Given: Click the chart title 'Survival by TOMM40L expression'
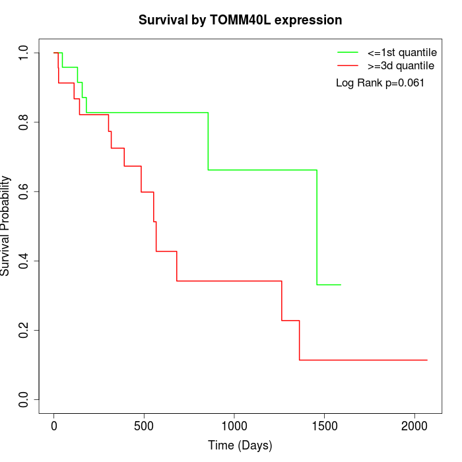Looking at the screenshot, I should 240,20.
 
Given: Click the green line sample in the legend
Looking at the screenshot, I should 348,51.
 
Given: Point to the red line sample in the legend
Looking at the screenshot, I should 348,66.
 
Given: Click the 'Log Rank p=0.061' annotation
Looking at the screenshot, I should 379,83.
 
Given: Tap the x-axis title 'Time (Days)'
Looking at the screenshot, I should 240,445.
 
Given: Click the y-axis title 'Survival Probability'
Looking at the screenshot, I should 7,226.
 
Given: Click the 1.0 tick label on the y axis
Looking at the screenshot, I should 24,53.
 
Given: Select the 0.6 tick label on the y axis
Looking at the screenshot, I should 24,191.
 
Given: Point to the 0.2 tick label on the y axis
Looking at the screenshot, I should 24,330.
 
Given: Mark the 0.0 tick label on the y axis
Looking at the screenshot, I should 24,399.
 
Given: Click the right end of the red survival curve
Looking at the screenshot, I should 427,360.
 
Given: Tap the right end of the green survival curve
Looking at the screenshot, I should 341,284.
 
